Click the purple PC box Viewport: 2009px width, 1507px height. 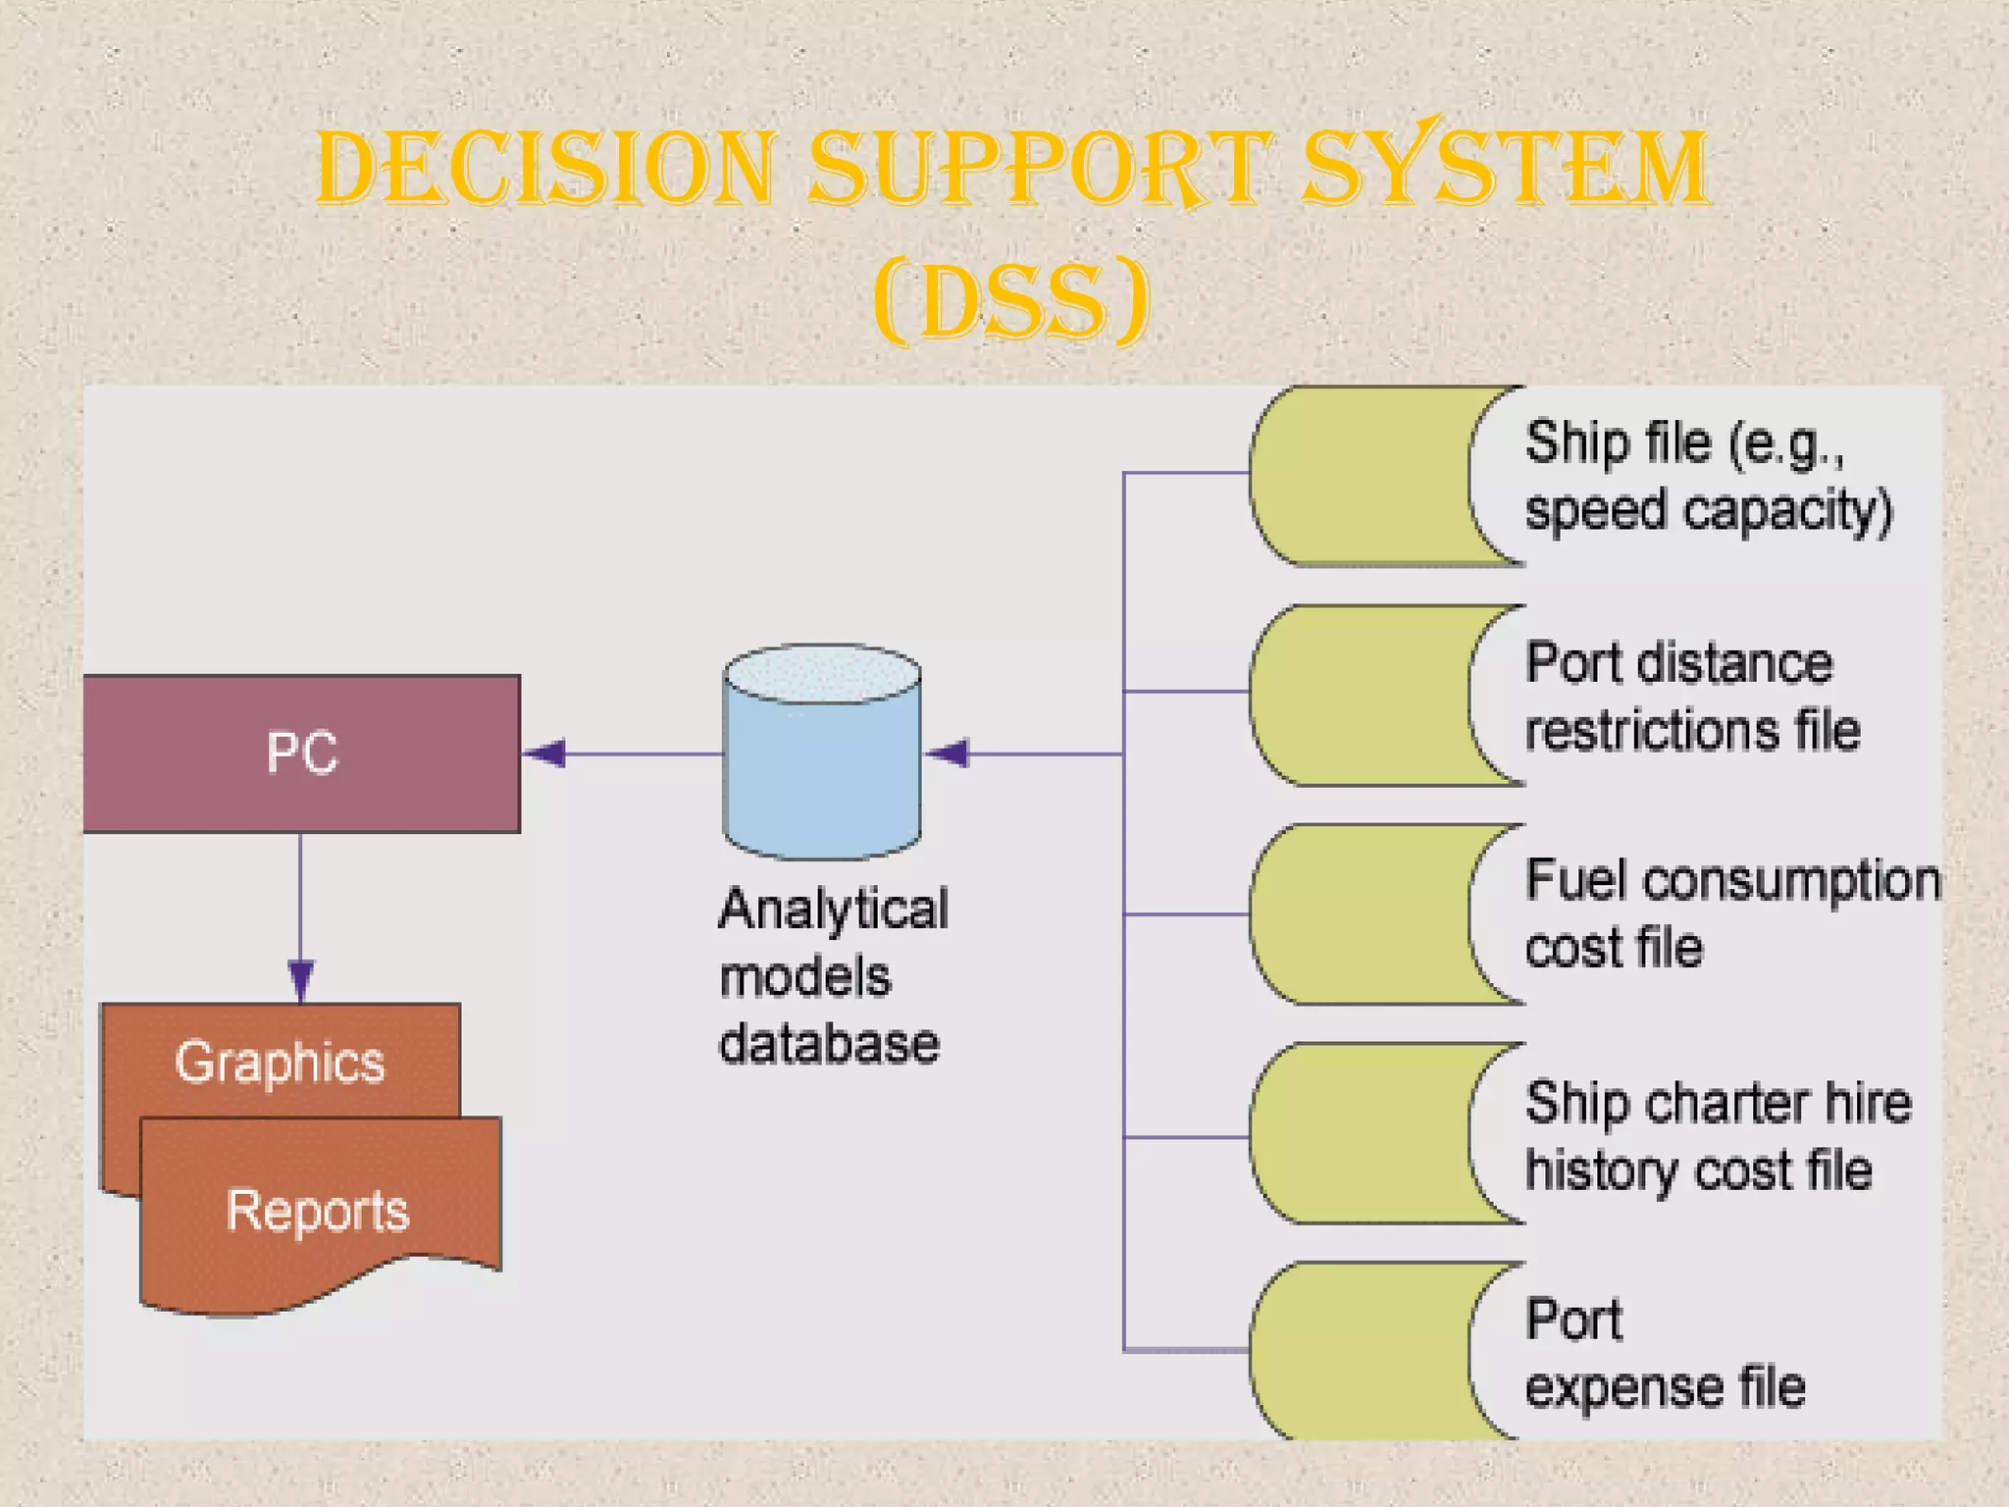pyautogui.click(x=301, y=753)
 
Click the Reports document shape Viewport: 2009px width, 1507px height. pyautogui.click(x=319, y=1212)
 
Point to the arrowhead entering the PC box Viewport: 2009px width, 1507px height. pyautogui.click(x=545, y=753)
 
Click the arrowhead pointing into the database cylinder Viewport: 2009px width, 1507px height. pyautogui.click(x=948, y=753)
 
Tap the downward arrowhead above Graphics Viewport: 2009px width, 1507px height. pyautogui.click(x=300, y=979)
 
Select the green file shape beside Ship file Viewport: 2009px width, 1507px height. pyautogui.click(x=1359, y=476)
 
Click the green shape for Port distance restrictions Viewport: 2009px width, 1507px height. pyautogui.click(x=1359, y=695)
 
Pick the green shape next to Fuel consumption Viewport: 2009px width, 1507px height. pyautogui.click(x=1359, y=914)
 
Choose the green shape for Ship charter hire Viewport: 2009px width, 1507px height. pyautogui.click(x=1359, y=1134)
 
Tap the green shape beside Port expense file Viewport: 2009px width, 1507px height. pyautogui.click(x=1359, y=1352)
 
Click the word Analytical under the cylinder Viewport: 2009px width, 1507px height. pyautogui.click(x=833, y=909)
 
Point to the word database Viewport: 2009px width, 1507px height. pyautogui.click(x=829, y=1043)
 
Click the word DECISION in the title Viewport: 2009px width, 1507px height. pyautogui.click(x=545, y=169)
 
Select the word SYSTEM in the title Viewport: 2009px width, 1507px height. pyautogui.click(x=1505, y=169)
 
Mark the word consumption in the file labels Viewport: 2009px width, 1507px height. pyautogui.click(x=1791, y=880)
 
